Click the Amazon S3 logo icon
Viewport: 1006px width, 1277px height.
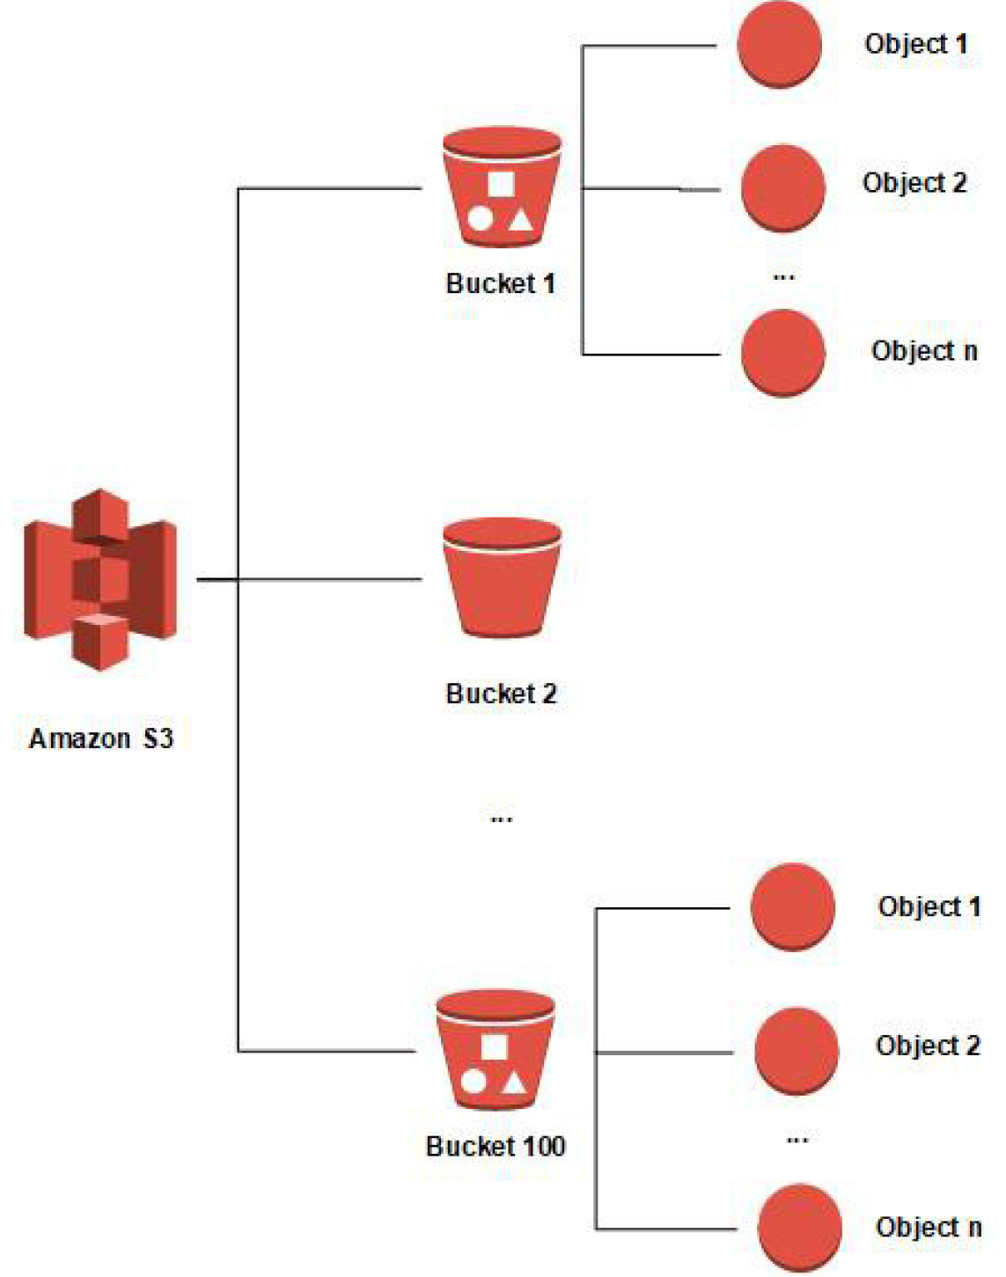pos(100,580)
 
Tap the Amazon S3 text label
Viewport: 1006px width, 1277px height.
pos(101,738)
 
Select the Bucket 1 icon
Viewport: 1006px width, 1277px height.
pos(502,189)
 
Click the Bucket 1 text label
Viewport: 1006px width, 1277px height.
pos(501,283)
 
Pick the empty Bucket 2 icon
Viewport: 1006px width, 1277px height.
pos(502,578)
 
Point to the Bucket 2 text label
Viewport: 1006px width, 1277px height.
pos(502,694)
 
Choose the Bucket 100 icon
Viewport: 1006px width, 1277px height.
pos(495,1051)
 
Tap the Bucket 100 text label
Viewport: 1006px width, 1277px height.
pos(496,1146)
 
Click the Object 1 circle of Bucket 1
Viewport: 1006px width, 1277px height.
pos(779,45)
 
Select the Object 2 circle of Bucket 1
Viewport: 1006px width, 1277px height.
pos(782,188)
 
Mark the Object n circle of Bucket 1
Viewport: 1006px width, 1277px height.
pos(782,353)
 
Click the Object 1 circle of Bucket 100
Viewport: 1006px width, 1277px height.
pos(792,907)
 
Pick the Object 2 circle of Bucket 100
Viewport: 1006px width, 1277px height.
pos(796,1051)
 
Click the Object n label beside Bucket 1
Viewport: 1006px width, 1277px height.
pos(924,351)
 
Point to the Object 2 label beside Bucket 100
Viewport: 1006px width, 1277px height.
pos(928,1046)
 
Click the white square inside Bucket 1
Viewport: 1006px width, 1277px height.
pos(501,183)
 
